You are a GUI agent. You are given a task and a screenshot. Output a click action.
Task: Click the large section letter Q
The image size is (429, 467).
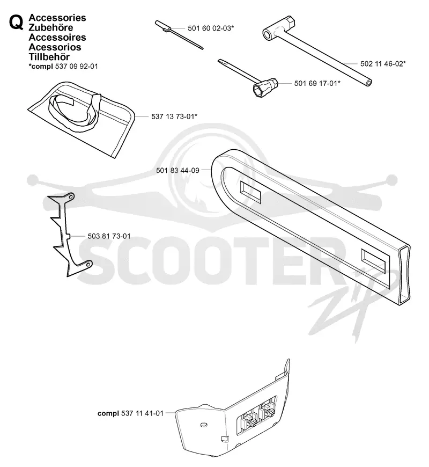16,23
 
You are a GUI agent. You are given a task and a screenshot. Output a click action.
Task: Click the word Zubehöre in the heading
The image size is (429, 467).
51,27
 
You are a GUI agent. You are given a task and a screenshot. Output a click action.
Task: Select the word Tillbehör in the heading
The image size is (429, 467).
49,56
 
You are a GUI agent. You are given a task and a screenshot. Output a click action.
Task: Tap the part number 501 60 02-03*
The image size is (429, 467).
211,28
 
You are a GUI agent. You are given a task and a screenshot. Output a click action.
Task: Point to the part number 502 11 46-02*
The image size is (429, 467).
383,64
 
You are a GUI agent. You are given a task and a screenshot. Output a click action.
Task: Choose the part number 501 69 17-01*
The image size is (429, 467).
317,83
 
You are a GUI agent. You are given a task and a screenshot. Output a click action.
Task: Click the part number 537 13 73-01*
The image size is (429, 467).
174,116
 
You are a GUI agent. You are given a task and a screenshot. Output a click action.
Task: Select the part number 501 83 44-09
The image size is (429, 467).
177,170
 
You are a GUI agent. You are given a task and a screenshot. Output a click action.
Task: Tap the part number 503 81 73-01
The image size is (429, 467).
109,236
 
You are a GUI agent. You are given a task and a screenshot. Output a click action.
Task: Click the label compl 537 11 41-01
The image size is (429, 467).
130,413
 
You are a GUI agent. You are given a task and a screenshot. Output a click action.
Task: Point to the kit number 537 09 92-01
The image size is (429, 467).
77,67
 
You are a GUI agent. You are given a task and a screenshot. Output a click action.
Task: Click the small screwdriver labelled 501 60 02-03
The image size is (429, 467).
179,34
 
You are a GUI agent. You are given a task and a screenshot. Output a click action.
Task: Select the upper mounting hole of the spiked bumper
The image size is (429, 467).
71,197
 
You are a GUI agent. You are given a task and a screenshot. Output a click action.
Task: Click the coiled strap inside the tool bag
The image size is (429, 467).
75,113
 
